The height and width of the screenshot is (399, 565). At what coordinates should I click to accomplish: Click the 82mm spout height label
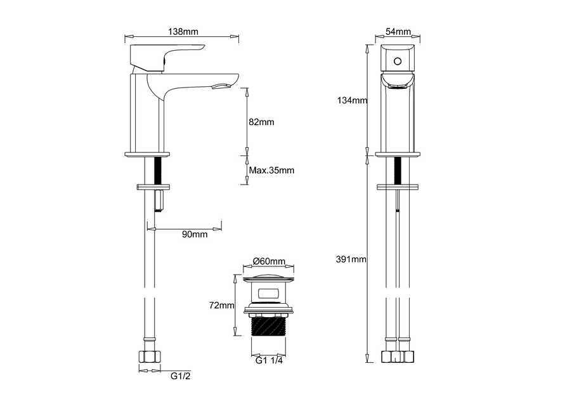click(x=261, y=122)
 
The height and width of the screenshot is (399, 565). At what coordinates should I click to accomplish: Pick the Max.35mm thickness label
click(x=271, y=170)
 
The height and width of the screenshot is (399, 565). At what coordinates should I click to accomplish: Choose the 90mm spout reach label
click(x=195, y=235)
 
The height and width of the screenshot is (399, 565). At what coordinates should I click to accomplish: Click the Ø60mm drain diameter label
click(x=269, y=261)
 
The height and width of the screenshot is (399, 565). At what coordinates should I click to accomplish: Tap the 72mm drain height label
click(x=220, y=306)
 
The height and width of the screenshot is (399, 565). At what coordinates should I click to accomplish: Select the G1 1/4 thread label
click(x=269, y=361)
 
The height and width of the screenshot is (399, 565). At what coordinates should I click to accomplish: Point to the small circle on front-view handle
click(x=398, y=62)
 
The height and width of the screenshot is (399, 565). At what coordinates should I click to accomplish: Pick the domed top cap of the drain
click(x=269, y=278)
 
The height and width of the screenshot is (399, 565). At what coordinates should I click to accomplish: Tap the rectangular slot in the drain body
click(x=269, y=293)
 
